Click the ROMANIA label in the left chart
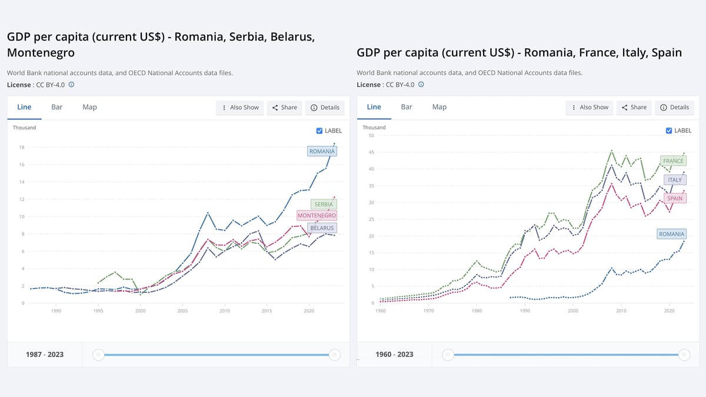[322, 151]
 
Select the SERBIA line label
[323, 204]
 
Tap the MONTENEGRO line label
[317, 216]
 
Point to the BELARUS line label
[322, 228]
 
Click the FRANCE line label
[673, 161]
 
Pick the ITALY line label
[675, 180]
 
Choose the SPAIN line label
[674, 198]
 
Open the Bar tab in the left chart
[57, 107]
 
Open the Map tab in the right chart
[439, 107]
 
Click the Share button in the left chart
[284, 108]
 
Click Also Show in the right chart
[589, 108]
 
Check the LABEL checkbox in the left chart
[319, 131]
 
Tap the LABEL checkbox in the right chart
[669, 131]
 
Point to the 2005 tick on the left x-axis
[182, 311]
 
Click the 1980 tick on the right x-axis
[477, 311]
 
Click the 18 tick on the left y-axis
[22, 147]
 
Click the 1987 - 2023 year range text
[45, 355]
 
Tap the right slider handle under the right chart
[684, 355]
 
